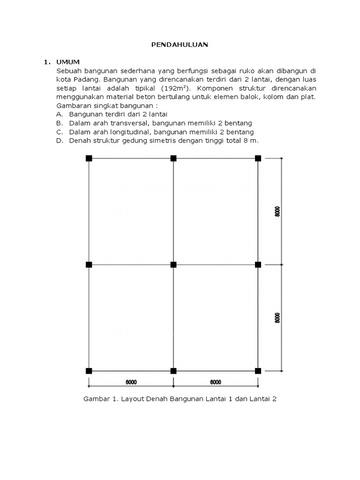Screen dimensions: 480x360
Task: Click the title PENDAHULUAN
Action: click(180, 45)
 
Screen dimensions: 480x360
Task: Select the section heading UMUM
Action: click(68, 62)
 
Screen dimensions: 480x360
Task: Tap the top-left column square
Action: click(89, 158)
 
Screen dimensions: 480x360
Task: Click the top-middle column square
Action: click(173, 158)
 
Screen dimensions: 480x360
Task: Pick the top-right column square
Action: click(258, 158)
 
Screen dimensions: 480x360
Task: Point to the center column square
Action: click(173, 265)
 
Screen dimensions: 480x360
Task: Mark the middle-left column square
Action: click(89, 265)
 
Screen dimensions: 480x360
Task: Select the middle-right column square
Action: click(258, 265)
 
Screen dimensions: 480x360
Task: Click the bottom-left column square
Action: click(89, 371)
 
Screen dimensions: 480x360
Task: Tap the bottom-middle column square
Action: click(173, 371)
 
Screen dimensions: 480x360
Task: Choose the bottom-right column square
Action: click(258, 371)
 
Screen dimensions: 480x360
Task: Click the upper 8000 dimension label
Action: click(277, 211)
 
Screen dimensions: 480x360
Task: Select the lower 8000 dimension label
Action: click(277, 318)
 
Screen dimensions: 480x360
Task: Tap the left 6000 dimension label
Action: click(131, 382)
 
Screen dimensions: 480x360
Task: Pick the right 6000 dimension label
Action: click(216, 382)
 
